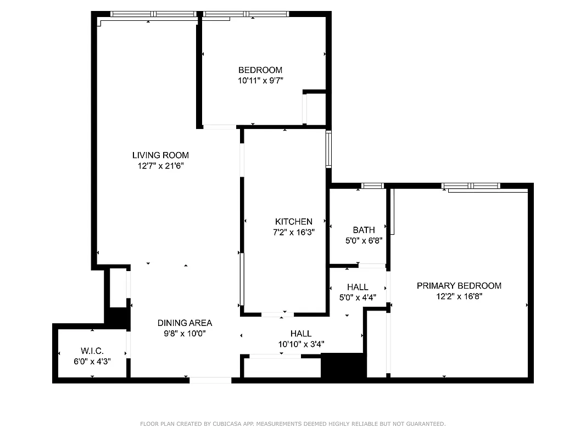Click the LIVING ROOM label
(160, 155)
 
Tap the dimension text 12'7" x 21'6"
(160, 166)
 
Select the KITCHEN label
(294, 221)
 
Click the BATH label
(364, 230)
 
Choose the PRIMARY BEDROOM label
(459, 285)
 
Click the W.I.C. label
(92, 351)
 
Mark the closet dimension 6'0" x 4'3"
(92, 361)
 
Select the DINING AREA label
(185, 323)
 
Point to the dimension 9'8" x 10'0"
(185, 334)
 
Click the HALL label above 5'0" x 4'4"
(358, 287)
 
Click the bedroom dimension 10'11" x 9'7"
(260, 80)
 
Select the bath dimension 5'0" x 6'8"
(364, 240)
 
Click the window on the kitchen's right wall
(328, 149)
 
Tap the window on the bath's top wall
(372, 186)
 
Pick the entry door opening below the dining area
(210, 380)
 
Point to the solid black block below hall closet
(343, 366)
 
